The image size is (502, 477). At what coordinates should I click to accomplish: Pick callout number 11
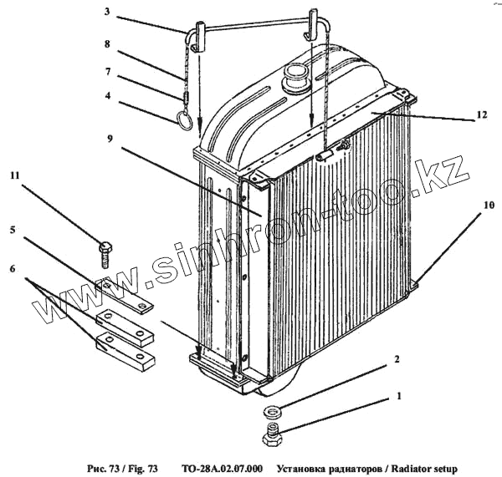click(14, 177)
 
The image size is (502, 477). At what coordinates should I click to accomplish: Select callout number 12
click(480, 113)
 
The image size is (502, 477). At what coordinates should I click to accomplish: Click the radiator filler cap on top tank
click(295, 79)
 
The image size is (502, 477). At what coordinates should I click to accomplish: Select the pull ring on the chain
click(187, 119)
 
